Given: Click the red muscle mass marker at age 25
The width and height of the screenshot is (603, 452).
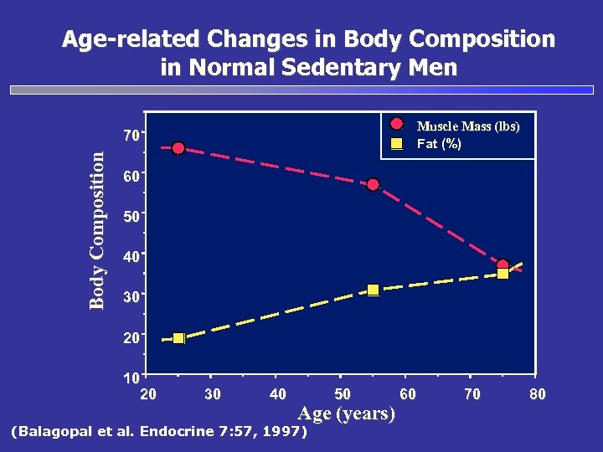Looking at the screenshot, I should [178, 148].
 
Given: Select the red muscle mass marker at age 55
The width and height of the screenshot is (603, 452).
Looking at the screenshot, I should [373, 184].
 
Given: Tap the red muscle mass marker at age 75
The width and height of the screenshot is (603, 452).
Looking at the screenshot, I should [502, 265].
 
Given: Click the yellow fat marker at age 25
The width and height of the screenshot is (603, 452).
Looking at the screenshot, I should [178, 338].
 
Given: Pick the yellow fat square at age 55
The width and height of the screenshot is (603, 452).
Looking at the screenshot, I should [374, 290].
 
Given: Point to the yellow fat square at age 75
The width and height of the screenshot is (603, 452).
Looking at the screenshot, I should [502, 274].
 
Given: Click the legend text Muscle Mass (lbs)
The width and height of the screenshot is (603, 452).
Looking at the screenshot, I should [467, 126].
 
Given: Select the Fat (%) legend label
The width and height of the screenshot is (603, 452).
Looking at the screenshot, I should [439, 144].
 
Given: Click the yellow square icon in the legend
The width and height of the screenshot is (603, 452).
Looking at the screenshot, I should [397, 144].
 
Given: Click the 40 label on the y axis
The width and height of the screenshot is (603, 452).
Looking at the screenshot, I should [130, 257].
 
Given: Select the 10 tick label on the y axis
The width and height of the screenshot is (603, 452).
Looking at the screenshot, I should [131, 378].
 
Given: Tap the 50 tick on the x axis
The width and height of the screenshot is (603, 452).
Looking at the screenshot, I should [342, 394].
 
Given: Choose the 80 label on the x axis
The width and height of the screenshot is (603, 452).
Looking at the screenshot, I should [537, 394].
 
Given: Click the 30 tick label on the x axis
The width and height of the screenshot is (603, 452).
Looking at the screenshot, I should [213, 394].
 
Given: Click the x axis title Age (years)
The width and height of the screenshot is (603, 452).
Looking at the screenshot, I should [347, 413].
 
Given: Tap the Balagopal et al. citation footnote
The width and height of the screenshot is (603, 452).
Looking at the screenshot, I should [157, 432].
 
